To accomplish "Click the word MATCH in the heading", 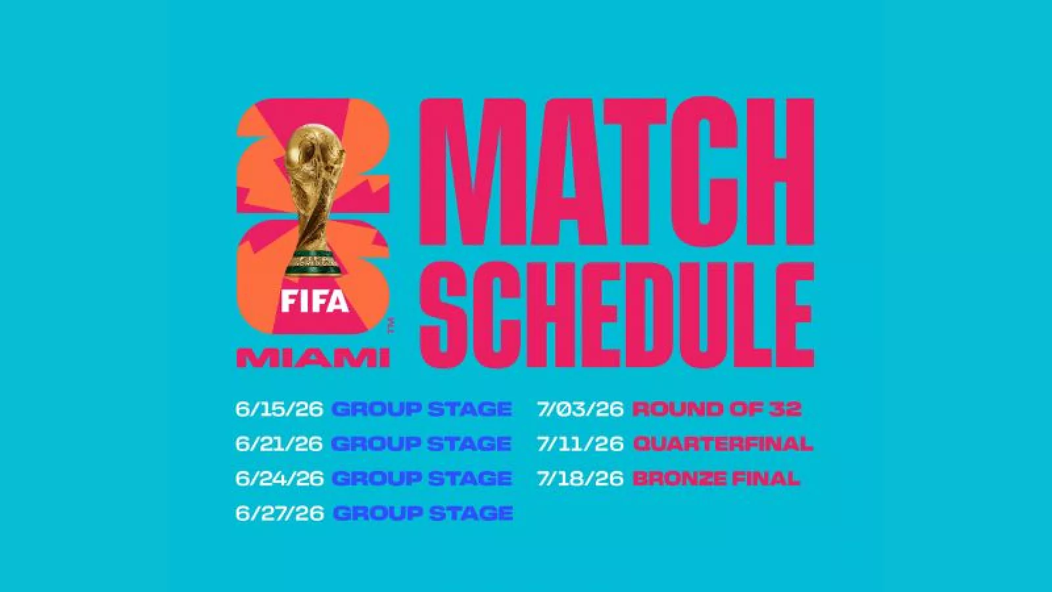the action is tap(616, 172).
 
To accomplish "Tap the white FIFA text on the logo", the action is tap(315, 301).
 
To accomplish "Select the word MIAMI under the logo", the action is tap(313, 358).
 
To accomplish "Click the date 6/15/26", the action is tap(279, 408).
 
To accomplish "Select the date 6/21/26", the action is tap(279, 443).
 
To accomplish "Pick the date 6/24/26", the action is tap(279, 478).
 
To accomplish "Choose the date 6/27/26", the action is tap(279, 513).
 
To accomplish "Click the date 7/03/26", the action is tap(581, 408).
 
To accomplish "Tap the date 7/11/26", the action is tap(581, 443).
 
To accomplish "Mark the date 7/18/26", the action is tap(581, 478).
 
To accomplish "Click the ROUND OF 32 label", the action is tap(717, 408).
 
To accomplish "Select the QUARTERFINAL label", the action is tap(723, 443).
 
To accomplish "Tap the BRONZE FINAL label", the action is tap(716, 478).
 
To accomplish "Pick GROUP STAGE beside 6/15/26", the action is tap(421, 408).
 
